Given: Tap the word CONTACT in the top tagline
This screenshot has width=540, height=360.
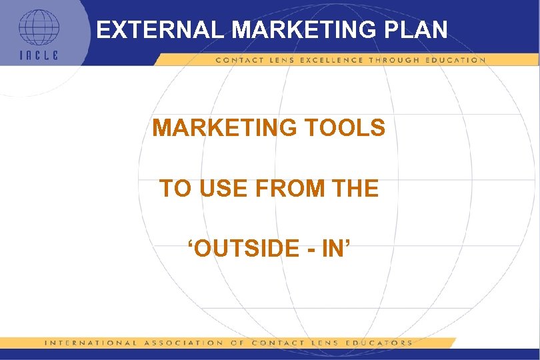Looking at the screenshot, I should pyautogui.click(x=235, y=60).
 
